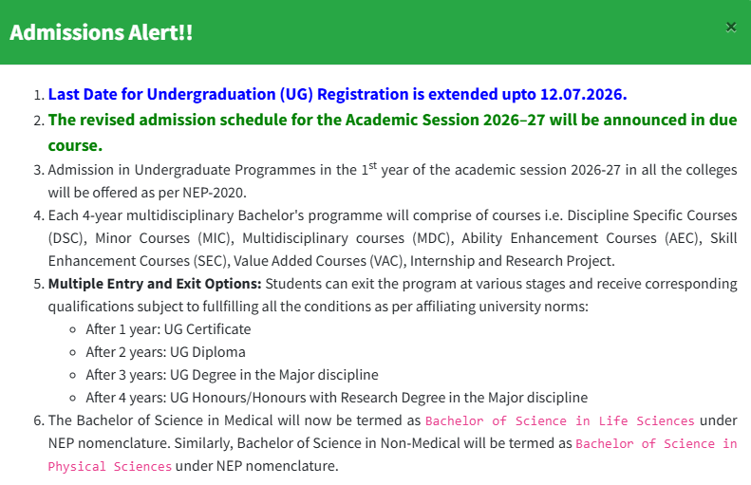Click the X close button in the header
pos(731,28)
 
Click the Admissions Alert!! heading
pos(101,32)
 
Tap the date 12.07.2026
pos(583,94)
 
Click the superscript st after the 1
pos(372,166)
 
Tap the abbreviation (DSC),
pos(67,238)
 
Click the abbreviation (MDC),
pos(433,238)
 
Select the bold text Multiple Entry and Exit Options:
pos(155,284)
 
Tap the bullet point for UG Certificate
pos(73,329)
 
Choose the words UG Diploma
pos(207,352)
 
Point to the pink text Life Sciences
pos(647,420)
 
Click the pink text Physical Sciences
pos(110,466)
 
